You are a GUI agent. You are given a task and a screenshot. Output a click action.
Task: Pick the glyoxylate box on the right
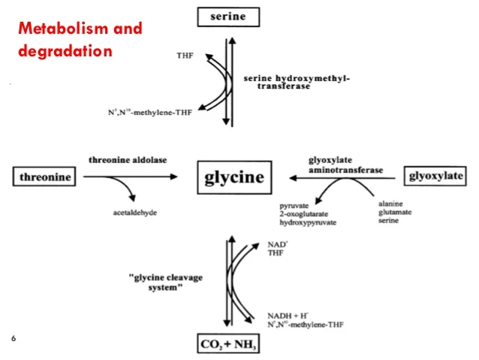pos(435,177)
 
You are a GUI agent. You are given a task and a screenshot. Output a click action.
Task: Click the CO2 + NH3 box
pos(230,345)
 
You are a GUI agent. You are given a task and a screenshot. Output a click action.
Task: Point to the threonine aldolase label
pos(128,161)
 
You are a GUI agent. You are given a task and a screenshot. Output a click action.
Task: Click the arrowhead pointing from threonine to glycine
pos(174,177)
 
